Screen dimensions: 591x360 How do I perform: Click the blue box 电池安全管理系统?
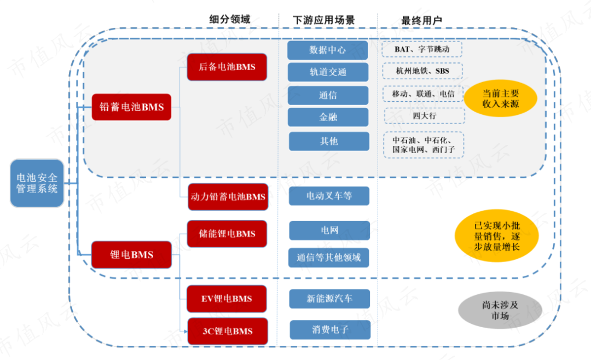point(37,183)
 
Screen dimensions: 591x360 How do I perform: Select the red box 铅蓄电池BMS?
point(131,107)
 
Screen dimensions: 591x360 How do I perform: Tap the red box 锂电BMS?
point(131,255)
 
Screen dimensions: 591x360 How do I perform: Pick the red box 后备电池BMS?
point(227,67)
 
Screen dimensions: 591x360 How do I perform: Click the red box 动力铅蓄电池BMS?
point(228,197)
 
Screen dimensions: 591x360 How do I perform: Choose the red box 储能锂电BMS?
point(227,234)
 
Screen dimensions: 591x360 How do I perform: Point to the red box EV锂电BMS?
point(227,299)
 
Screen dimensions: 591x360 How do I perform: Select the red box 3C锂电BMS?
point(228,332)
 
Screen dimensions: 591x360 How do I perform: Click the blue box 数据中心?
point(328,50)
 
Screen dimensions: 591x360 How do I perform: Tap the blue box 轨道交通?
point(328,72)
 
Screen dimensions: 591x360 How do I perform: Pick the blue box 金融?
point(328,117)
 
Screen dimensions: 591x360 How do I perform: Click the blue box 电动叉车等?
point(329,196)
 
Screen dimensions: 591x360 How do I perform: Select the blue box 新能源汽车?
point(329,299)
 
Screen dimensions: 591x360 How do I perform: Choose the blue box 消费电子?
point(330,330)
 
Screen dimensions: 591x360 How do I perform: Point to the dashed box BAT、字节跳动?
point(422,49)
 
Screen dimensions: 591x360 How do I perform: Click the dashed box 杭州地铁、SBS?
point(422,71)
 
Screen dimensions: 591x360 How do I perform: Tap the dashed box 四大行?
point(425,116)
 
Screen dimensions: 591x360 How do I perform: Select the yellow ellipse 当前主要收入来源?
point(501,98)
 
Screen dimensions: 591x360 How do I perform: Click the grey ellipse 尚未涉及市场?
point(500,310)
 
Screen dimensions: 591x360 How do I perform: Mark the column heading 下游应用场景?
point(324,20)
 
